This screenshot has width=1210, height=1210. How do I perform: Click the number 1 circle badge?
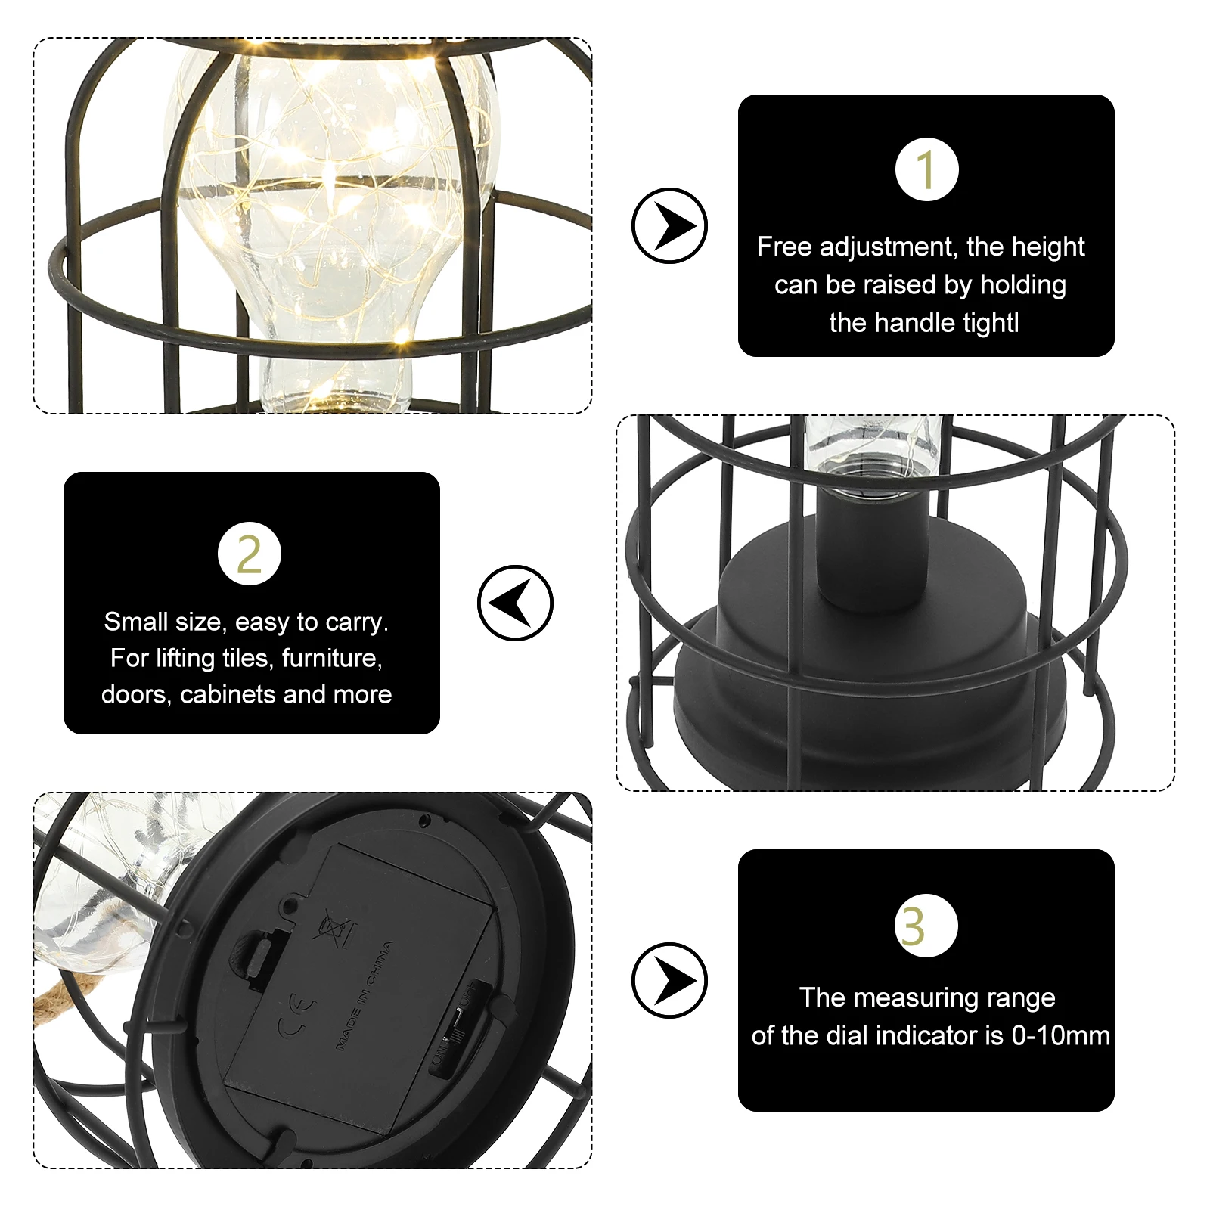point(926,169)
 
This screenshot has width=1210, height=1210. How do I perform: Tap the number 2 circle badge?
point(249,554)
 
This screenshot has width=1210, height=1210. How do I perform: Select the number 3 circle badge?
point(926,925)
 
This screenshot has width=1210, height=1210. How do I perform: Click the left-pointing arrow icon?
point(515,603)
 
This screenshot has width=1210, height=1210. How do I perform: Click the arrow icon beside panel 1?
point(669,225)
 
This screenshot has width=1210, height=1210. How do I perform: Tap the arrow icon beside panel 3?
point(669,980)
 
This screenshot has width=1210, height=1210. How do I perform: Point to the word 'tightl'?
point(982,323)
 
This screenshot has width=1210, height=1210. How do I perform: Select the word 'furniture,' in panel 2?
point(332,658)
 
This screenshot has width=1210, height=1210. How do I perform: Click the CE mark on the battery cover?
point(296,1017)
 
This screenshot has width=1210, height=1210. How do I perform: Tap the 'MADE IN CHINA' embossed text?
point(365,994)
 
